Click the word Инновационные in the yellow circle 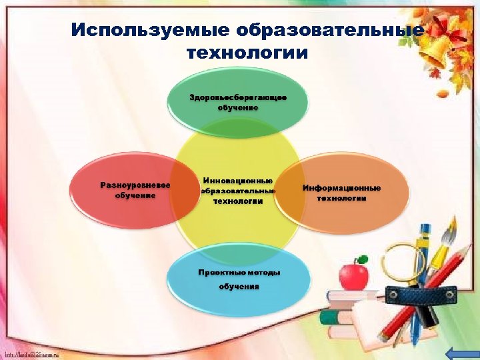pyautogui.click(x=238, y=181)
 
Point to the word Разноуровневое pyautogui.click(x=134, y=185)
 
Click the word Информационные pyautogui.click(x=341, y=188)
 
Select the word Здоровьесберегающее pyautogui.click(x=238, y=97)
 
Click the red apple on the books pyautogui.click(x=353, y=275)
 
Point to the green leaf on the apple pyautogui.click(x=362, y=259)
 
